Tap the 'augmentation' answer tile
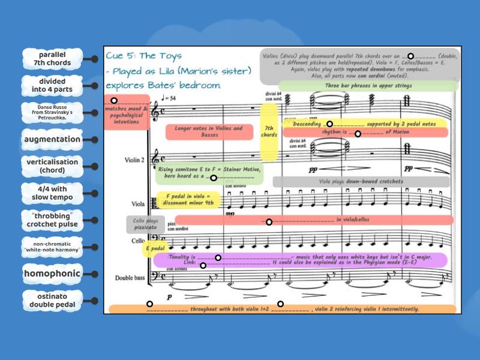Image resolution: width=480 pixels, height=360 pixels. coord(52,140)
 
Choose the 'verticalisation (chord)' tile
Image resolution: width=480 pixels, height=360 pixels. coord(52,166)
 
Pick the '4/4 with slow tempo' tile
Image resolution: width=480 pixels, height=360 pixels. coord(52,193)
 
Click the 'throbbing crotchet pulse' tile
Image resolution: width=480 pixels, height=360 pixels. coord(52,220)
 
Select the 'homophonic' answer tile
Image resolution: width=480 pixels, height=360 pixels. coord(52,274)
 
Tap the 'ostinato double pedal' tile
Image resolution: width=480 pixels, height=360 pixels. coord(52,300)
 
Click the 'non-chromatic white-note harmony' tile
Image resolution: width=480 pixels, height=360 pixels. coord(52,247)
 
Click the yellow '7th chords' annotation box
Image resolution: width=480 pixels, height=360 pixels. coord(269,131)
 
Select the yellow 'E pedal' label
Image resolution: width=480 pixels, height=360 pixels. coord(154,248)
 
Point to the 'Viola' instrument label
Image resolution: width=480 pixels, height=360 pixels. coord(138,203)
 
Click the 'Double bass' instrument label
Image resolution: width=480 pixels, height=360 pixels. coord(131,278)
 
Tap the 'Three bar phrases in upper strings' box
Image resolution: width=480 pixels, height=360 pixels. coord(367,86)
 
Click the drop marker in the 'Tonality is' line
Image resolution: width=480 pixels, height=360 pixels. coord(218,258)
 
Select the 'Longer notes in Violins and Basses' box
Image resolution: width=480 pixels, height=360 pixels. coord(209,131)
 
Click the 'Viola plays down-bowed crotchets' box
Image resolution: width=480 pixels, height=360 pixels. coord(361,181)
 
